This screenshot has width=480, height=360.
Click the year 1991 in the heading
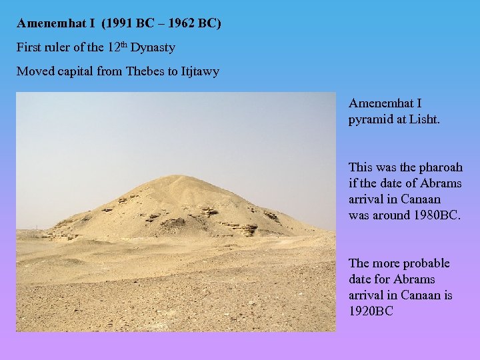pos(116,24)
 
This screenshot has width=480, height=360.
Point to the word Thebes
pos(147,71)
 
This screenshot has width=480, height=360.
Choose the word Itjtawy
pos(199,71)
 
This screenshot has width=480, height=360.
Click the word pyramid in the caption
pos(370,120)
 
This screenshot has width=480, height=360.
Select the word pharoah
pos(439,167)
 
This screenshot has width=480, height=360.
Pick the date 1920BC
pos(371,311)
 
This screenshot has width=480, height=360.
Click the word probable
pos(425,263)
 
